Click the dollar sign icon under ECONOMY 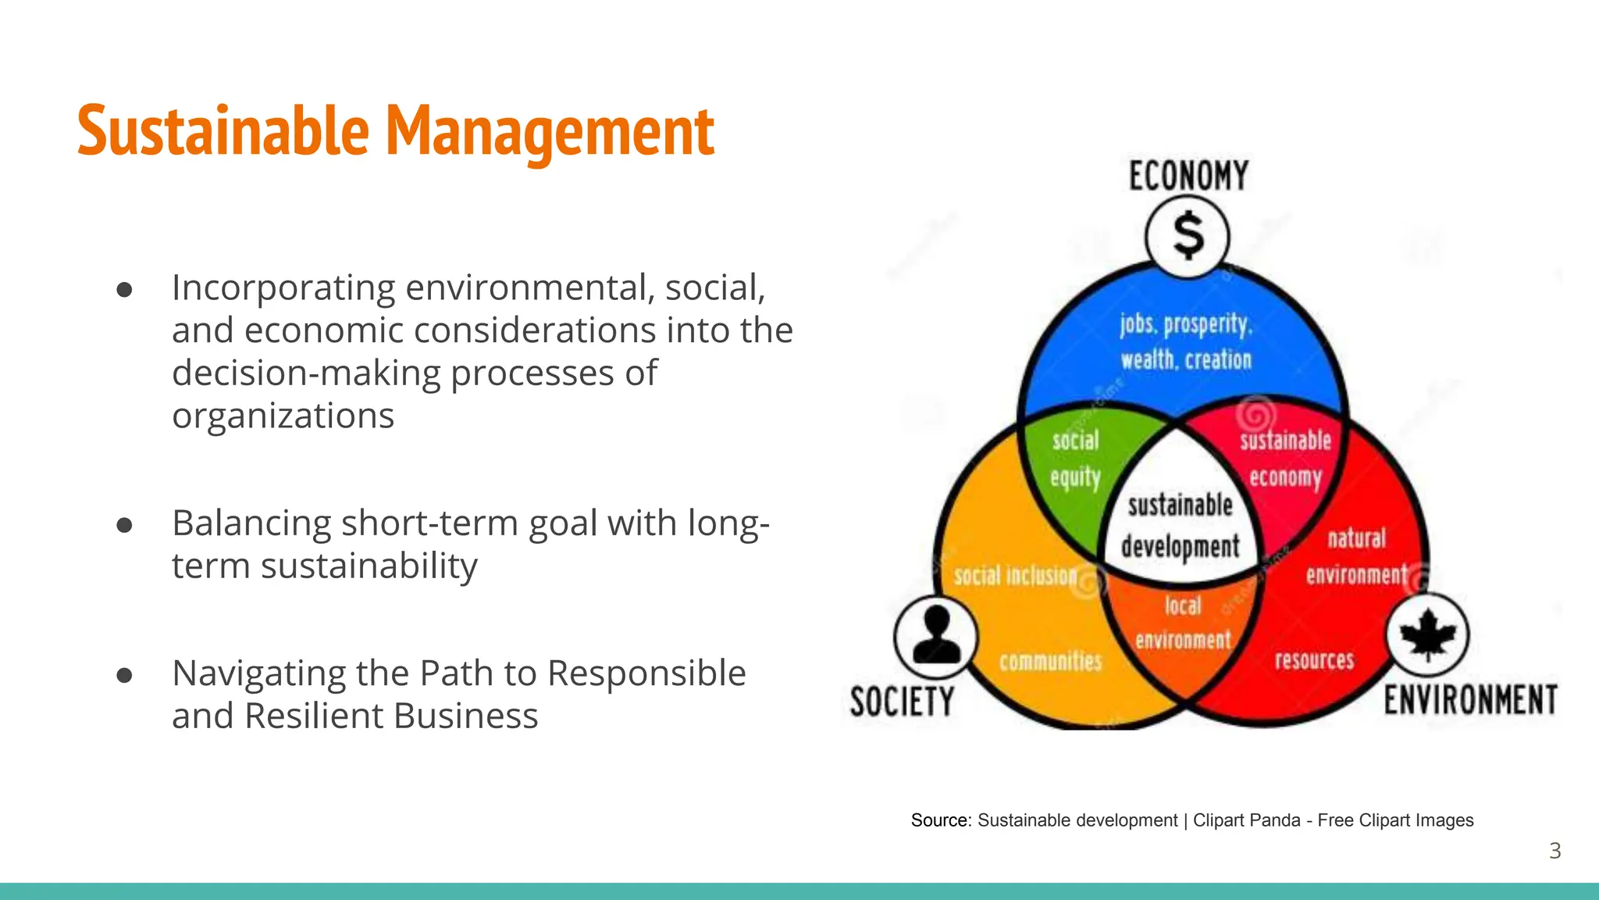(1188, 236)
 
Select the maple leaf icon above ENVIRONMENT (1427, 634)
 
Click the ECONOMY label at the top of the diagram (1188, 176)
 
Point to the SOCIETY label (902, 701)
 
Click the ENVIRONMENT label (1470, 699)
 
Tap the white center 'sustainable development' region (1180, 525)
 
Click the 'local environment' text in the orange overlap (1183, 623)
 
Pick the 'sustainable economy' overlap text (1285, 459)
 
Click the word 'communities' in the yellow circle (1050, 662)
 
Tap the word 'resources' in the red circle (1314, 660)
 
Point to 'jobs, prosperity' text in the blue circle (1185, 323)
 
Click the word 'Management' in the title (550, 131)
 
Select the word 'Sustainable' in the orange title (223, 131)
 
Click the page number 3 (1554, 851)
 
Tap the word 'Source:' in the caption (941, 820)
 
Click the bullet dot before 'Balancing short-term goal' (124, 525)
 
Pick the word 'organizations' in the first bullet (283, 416)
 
